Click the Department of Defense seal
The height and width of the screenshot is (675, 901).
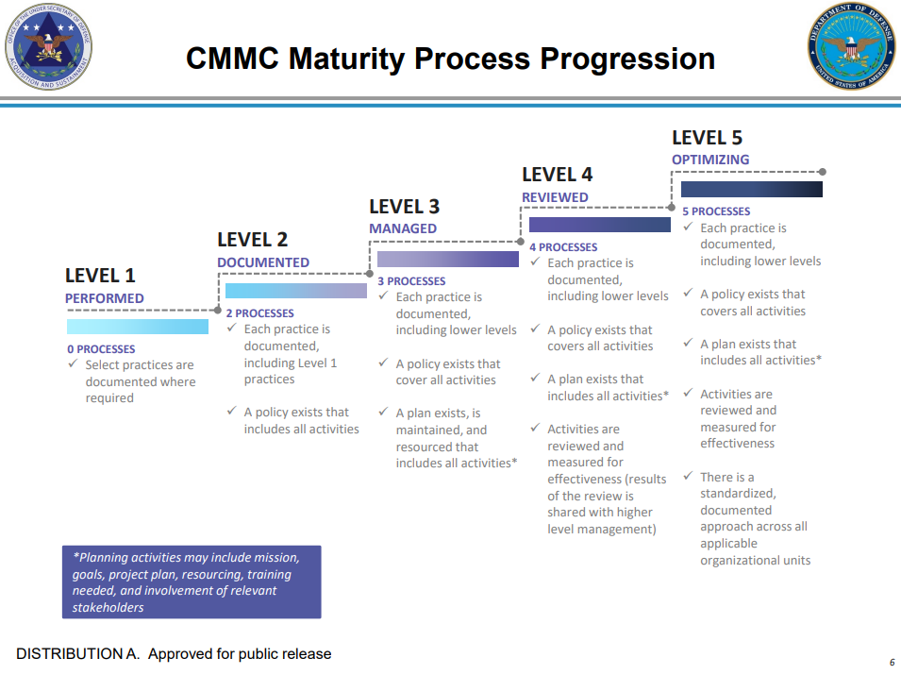click(x=852, y=46)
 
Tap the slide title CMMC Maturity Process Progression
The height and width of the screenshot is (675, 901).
click(x=450, y=59)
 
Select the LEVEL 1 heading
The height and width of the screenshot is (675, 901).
click(x=100, y=276)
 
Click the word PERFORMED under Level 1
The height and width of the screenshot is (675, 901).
click(x=105, y=298)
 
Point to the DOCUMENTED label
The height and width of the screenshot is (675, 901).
click(x=263, y=262)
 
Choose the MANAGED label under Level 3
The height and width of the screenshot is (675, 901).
click(x=403, y=228)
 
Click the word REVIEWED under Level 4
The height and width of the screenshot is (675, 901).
click(x=555, y=197)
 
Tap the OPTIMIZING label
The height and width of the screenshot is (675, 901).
click(x=710, y=160)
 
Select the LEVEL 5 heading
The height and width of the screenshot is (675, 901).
click(x=707, y=138)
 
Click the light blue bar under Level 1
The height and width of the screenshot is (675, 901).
click(x=138, y=327)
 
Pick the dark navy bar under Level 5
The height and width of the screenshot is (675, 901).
click(x=751, y=189)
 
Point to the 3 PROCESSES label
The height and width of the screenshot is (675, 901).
click(x=411, y=281)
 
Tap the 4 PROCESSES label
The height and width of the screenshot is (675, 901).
click(x=563, y=247)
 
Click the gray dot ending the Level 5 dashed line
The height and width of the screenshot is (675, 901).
click(x=822, y=172)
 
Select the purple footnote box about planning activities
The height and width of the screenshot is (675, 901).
click(x=192, y=582)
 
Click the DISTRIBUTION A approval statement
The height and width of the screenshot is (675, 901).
click(x=174, y=653)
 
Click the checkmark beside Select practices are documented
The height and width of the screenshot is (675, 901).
click(x=73, y=364)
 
